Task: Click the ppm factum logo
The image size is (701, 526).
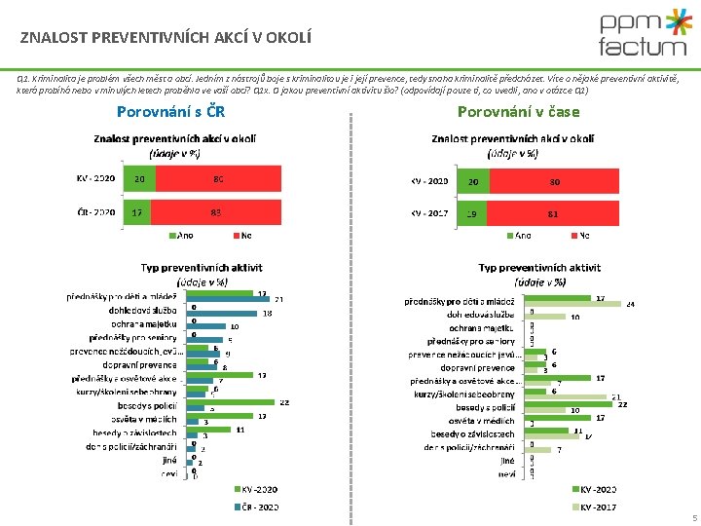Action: (642, 35)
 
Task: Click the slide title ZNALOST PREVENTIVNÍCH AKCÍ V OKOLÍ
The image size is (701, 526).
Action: (166, 39)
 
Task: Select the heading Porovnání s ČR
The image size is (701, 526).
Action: (170, 111)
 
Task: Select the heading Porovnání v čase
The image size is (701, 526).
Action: (518, 111)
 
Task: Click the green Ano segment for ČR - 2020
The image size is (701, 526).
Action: (138, 211)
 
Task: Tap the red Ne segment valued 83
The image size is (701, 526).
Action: (215, 211)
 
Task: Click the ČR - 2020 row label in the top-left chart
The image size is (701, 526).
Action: (95, 211)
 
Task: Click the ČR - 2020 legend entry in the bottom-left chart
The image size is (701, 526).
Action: (260, 507)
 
